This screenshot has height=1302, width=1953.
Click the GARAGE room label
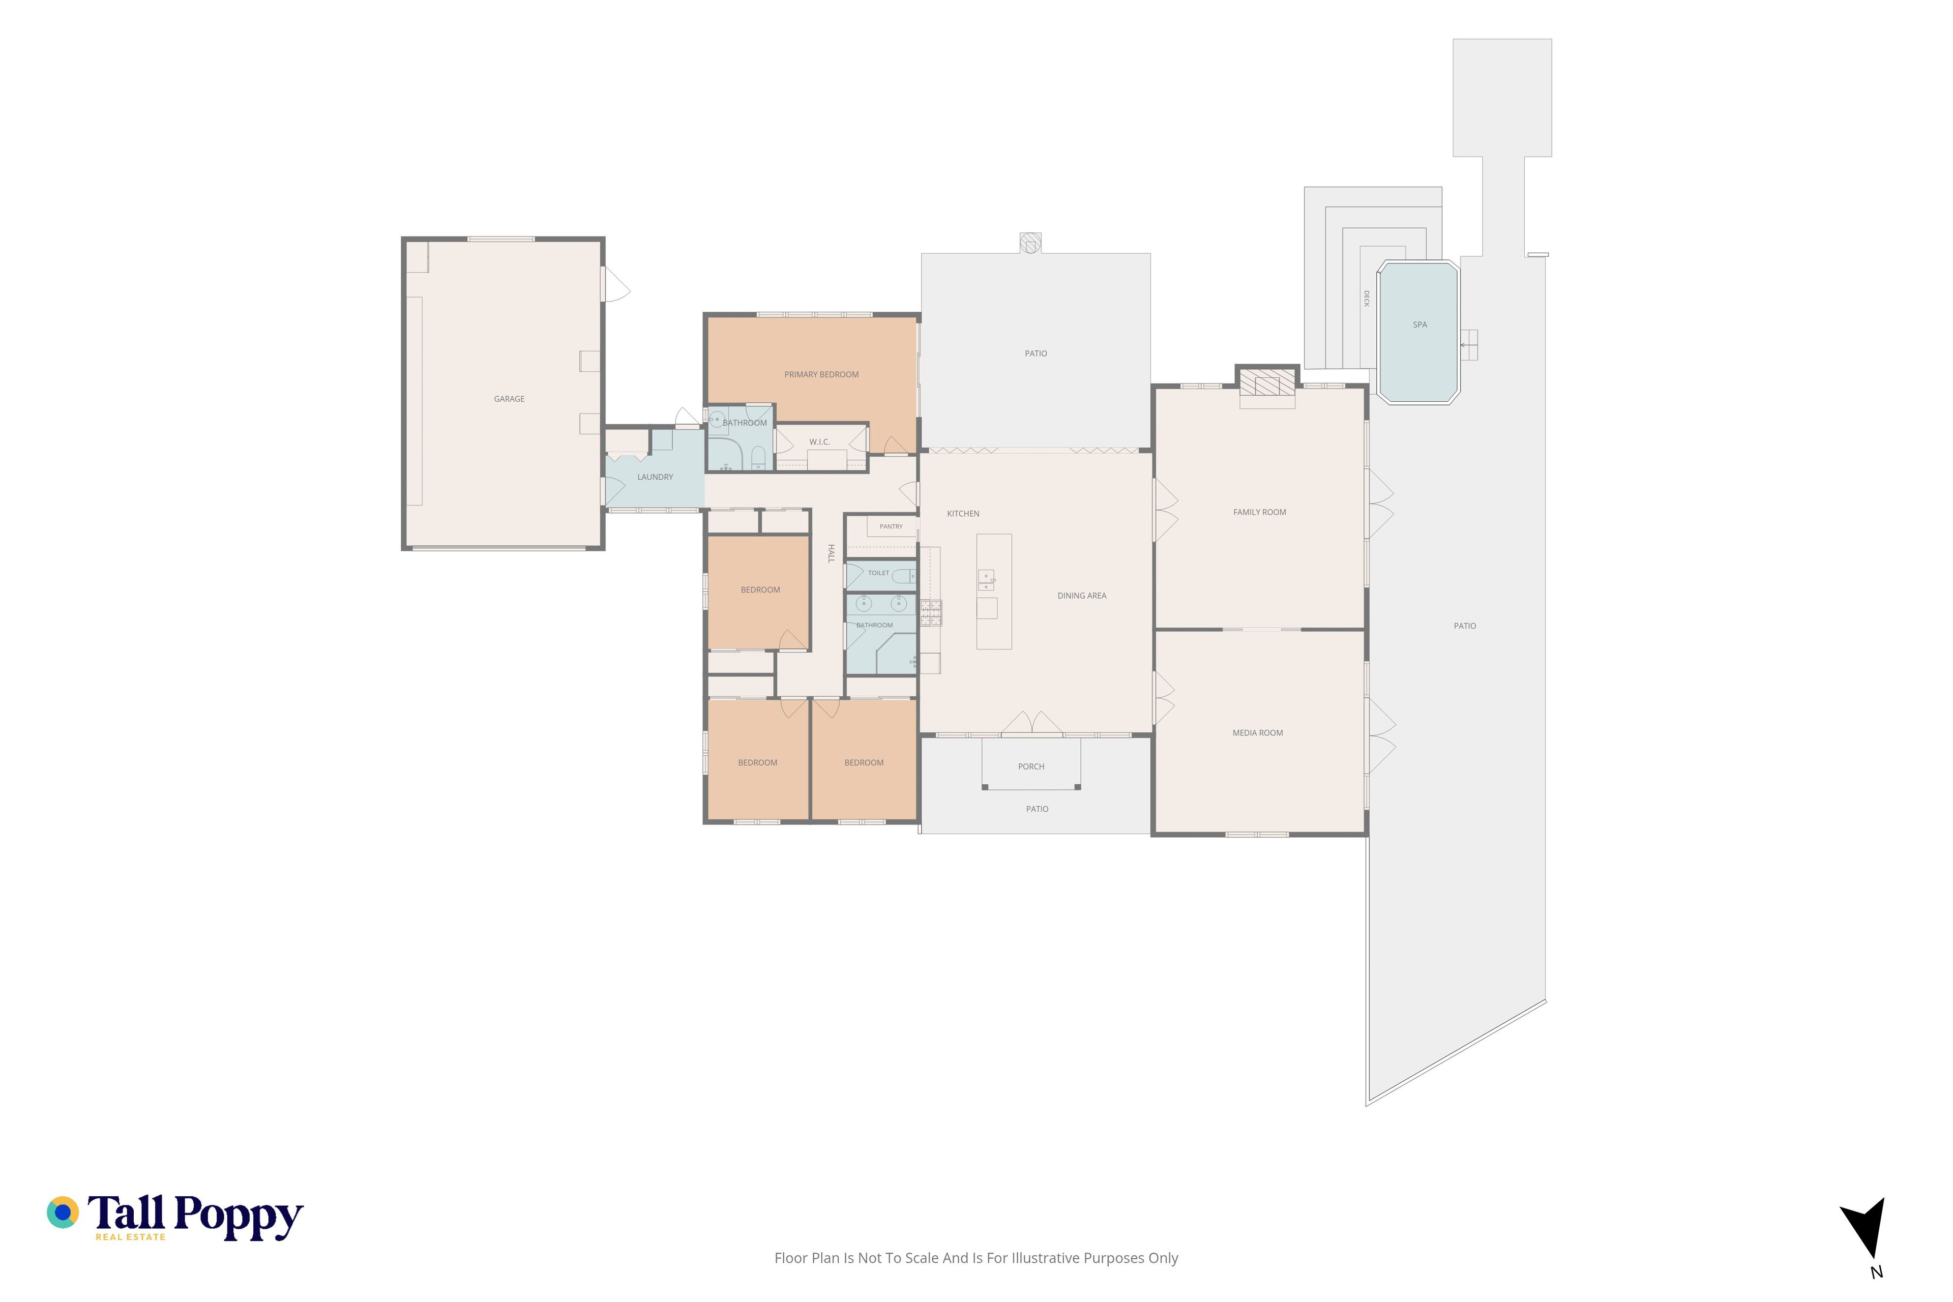(x=509, y=399)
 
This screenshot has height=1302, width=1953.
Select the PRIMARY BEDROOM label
(x=821, y=374)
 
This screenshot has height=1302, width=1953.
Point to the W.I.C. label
(x=819, y=442)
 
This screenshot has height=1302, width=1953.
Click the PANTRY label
(x=891, y=526)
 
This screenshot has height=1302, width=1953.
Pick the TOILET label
(x=878, y=573)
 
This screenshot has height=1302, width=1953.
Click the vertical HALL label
(x=831, y=554)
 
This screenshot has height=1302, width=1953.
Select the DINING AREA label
(x=1082, y=596)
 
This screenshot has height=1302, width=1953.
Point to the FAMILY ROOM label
(x=1260, y=512)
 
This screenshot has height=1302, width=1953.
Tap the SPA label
(x=1420, y=324)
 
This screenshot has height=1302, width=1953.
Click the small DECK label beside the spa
(x=1366, y=299)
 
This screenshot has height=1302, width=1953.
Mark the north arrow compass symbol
(x=1867, y=1240)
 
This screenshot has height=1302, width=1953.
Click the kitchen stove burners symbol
(x=931, y=612)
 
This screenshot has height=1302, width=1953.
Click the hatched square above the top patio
(x=1030, y=243)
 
